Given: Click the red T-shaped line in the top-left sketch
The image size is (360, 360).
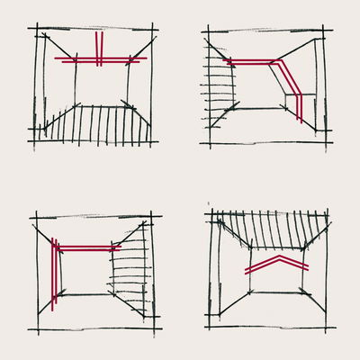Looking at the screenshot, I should [81, 59].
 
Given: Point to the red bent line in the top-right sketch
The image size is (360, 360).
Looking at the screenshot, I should [261, 63].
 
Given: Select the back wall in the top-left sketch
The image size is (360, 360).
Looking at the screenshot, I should [101, 85].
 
